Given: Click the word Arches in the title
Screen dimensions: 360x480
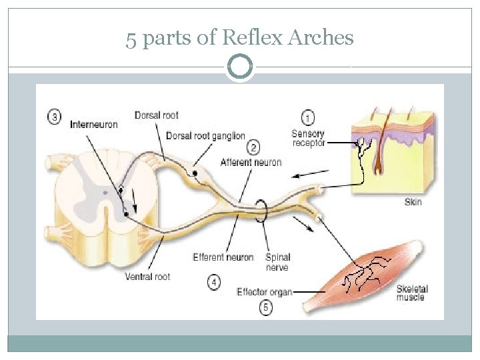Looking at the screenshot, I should point(321,38).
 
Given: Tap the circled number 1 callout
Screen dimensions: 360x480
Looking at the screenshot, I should point(308,118).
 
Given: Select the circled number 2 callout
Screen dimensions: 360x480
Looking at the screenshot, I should point(253,147).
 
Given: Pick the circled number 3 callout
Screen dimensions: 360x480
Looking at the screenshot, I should point(56,117).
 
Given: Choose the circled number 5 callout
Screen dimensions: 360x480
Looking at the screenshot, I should point(266,307).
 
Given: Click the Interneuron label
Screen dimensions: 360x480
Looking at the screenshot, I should point(94,125).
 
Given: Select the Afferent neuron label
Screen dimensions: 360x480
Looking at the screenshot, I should point(251,162).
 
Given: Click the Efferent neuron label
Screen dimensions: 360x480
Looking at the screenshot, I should point(223,257).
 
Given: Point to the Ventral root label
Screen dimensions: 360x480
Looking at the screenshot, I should point(147,276).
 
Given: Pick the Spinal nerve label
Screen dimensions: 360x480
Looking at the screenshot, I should point(277,262).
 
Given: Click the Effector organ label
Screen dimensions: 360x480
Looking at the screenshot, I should point(264,291).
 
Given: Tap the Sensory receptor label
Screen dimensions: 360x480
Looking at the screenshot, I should point(308,139).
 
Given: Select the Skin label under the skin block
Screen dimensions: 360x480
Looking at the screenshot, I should point(413,201).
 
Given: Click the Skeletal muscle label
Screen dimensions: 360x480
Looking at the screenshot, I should point(412,293).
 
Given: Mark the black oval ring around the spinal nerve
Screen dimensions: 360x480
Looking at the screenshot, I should point(261,212).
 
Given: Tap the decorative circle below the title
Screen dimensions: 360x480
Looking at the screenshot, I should point(240,67).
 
